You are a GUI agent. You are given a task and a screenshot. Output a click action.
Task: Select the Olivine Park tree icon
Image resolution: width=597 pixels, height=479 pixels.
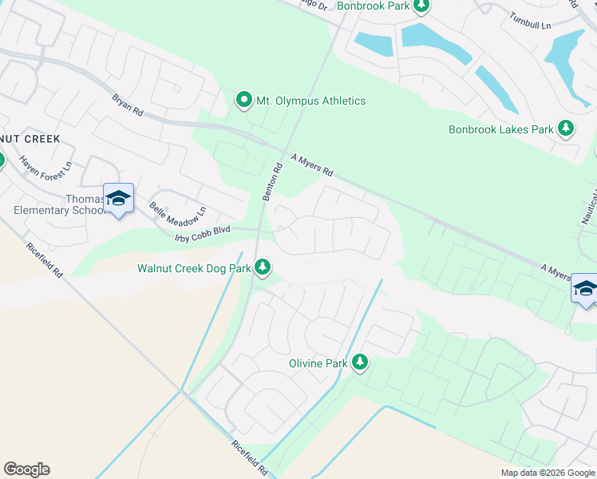360,362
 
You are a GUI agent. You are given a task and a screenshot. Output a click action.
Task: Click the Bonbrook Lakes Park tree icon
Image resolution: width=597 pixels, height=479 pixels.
566,129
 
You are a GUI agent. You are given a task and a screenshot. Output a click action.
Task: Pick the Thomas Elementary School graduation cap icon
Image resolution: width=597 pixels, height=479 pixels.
118,198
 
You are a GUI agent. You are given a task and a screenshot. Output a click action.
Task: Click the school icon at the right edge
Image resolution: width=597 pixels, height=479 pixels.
584,288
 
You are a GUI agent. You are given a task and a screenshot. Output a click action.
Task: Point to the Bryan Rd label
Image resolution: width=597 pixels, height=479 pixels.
127,105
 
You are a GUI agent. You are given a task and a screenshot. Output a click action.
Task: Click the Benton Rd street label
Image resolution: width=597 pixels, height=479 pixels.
273,183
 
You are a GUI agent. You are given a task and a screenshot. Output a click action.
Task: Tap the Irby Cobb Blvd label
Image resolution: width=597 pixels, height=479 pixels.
203,229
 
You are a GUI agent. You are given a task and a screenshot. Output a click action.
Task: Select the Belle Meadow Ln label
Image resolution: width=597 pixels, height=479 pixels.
178,212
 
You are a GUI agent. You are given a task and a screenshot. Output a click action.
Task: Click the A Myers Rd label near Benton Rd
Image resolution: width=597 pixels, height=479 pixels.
311,165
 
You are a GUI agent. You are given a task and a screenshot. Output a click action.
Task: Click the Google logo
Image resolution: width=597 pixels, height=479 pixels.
26,469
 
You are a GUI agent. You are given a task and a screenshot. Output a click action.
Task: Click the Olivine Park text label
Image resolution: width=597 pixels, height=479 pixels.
318,363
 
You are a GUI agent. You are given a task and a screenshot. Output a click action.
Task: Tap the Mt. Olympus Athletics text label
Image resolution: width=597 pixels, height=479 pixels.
310,101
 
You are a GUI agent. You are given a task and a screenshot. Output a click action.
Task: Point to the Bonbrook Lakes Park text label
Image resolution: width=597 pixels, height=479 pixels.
500,129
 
